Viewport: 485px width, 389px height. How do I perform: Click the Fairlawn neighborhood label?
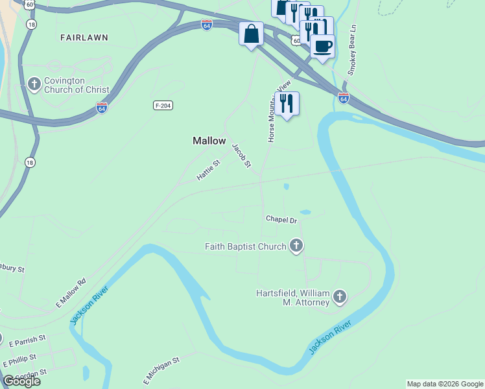click(x=84, y=38)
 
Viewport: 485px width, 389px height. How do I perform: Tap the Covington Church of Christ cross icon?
click(x=35, y=84)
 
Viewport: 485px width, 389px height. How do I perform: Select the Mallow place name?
click(x=209, y=141)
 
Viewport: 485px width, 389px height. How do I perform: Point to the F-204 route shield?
click(x=163, y=105)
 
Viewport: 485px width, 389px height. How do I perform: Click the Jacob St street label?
click(x=242, y=156)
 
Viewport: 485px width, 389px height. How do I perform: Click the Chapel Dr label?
click(x=281, y=220)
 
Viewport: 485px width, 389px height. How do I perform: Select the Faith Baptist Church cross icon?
click(x=296, y=246)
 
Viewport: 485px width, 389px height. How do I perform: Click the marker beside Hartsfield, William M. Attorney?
click(x=339, y=297)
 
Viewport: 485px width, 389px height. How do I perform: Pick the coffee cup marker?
click(x=322, y=46)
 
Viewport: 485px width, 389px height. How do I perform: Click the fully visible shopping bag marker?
click(x=251, y=34)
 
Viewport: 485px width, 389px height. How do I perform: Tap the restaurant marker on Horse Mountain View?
click(x=287, y=102)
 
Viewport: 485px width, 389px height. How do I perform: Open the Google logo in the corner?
click(x=21, y=381)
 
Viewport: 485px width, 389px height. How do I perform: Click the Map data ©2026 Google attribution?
click(x=445, y=384)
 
